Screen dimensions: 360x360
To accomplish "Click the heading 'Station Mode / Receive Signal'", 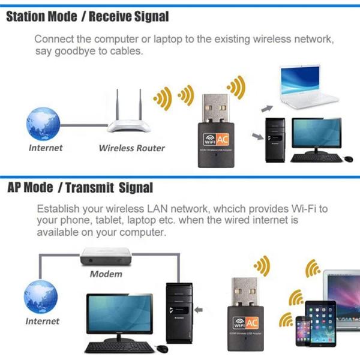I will pyautogui.click(x=88, y=16).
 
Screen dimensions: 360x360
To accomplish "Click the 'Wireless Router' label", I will pyautogui.click(x=131, y=148).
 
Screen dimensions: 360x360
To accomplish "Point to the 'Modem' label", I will pyautogui.click(x=106, y=274).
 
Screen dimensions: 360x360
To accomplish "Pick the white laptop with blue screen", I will pyautogui.click(x=311, y=90).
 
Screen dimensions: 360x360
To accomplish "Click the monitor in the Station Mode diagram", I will pyautogui.click(x=317, y=137).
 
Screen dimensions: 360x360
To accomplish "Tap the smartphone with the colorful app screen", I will pyautogui.click(x=303, y=331).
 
